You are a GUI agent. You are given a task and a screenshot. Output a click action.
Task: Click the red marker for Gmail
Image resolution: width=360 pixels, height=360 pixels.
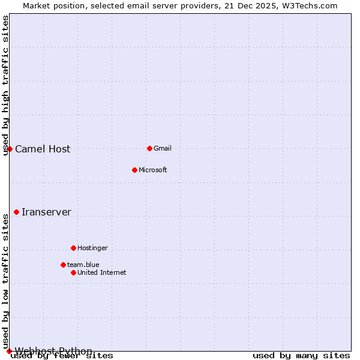(149, 148)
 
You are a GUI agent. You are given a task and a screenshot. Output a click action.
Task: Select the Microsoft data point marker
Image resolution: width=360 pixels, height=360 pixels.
(134, 170)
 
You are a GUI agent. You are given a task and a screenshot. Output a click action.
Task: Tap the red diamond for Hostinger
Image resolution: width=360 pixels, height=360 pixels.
(73, 248)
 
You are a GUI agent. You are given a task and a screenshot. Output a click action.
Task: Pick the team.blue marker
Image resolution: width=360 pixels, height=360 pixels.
(63, 265)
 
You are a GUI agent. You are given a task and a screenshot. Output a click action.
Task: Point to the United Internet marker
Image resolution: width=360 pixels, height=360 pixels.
(73, 272)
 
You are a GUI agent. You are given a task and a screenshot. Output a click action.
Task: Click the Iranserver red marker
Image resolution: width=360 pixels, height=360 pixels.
(16, 212)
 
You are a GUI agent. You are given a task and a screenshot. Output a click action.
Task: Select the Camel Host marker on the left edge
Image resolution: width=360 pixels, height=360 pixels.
(10, 149)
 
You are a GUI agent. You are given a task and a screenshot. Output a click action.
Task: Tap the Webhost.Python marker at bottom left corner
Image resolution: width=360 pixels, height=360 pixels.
(9, 351)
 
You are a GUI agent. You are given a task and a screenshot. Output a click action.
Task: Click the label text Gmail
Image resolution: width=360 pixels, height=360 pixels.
(163, 148)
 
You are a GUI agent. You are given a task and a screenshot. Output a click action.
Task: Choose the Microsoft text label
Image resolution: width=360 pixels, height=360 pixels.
(152, 170)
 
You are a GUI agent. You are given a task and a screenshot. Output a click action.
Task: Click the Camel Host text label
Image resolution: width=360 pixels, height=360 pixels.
(43, 149)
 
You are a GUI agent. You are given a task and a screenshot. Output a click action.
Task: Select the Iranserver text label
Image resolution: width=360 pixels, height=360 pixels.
(46, 212)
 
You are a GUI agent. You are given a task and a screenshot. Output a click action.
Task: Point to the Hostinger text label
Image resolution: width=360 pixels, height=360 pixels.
(92, 248)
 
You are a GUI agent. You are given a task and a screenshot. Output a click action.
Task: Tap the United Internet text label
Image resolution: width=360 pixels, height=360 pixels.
(101, 272)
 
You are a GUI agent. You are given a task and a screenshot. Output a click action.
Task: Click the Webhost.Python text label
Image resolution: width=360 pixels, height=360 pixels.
(53, 351)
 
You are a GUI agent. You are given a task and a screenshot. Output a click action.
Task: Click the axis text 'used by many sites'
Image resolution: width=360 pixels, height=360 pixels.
(301, 356)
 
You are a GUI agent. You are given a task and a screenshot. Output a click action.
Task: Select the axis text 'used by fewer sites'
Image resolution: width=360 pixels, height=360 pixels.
(62, 356)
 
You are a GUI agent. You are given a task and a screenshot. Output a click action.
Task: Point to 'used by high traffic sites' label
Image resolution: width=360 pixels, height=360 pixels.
(5, 85)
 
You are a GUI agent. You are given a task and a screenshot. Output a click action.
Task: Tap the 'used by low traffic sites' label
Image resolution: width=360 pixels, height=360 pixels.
(5, 279)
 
